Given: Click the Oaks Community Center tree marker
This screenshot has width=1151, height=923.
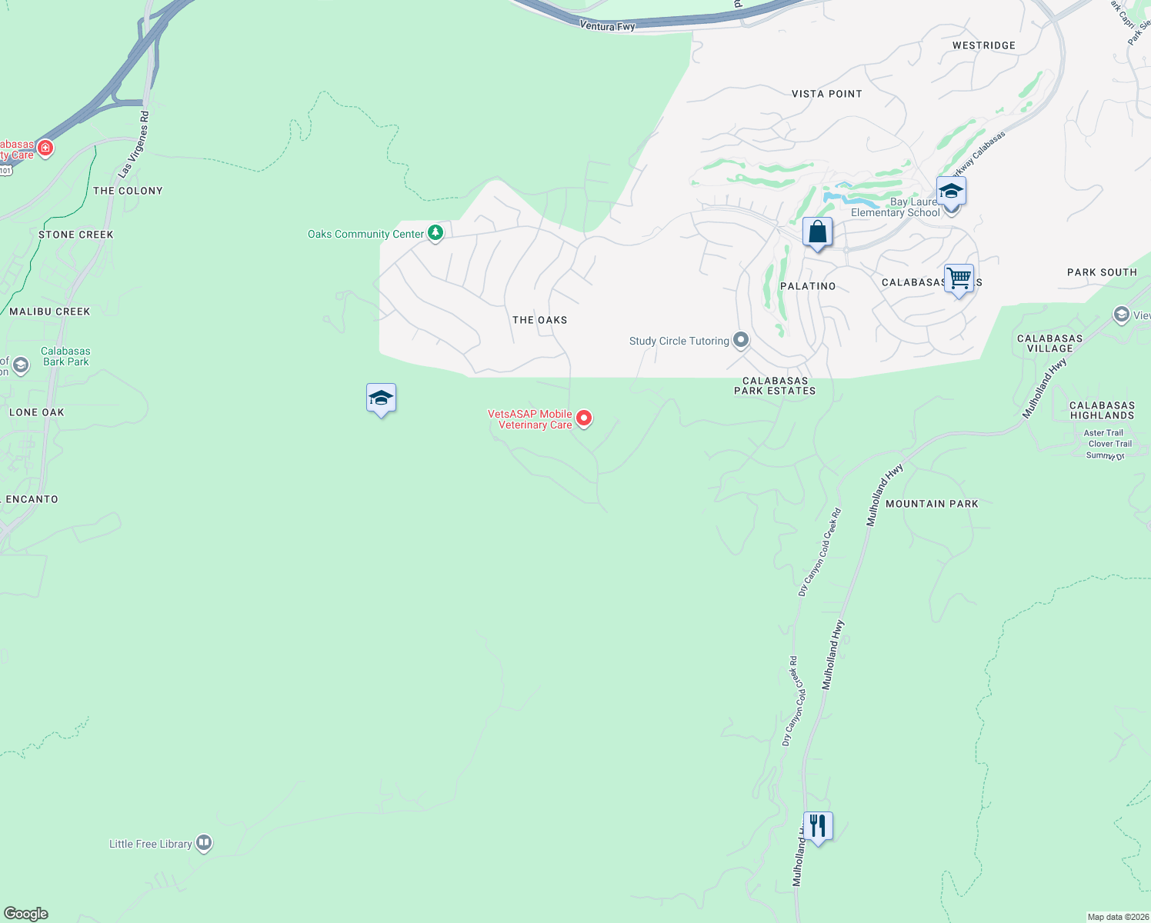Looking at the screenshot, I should point(435,233).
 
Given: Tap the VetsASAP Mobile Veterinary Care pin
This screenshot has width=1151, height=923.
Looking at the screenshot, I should point(584,418).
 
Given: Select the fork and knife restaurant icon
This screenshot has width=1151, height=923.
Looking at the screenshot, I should point(818,827).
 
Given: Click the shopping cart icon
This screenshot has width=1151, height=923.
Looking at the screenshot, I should point(959,278).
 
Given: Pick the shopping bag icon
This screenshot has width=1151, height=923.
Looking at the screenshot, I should point(817,232).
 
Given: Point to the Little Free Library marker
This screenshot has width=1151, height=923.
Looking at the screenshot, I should point(204,843).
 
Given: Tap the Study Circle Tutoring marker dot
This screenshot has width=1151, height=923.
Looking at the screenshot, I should point(741,340).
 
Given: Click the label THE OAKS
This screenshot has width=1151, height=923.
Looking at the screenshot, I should point(539,320).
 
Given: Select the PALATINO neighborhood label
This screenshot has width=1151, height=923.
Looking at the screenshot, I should point(808,286).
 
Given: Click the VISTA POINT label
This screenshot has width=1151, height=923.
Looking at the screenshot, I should point(827,94).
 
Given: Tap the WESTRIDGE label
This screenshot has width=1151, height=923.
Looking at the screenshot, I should point(983,45).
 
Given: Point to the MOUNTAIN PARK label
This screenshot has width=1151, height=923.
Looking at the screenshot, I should point(932,504).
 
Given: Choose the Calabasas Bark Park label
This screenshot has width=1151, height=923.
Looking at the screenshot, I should point(65,356).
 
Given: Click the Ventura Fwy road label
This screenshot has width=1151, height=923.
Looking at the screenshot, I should point(608,27).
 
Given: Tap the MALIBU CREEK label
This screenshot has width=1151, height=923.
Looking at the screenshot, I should point(50,312).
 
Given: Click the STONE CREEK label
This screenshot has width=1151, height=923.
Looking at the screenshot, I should point(76,235).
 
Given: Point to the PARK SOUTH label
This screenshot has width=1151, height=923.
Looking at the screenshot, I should point(1102,272).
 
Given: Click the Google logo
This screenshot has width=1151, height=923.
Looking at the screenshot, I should point(26,914).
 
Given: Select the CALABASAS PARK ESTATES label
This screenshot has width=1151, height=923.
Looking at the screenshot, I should point(775,385).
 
